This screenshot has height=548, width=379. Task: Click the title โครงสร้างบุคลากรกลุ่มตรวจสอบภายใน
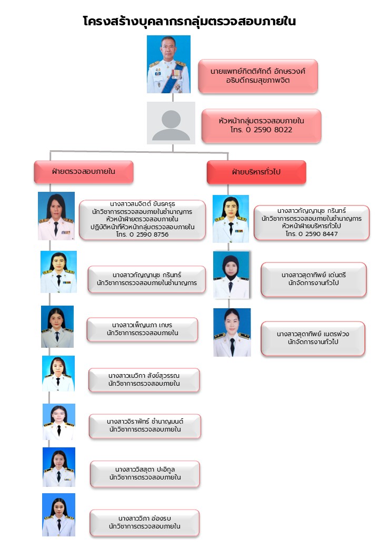(x=189, y=22)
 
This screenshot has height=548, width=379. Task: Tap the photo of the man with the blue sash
(x=168, y=64)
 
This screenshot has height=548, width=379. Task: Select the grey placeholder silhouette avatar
(x=171, y=123)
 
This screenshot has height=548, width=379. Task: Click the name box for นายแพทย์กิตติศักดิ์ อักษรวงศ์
(x=257, y=76)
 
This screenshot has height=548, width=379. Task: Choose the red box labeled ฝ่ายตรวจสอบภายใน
(x=84, y=171)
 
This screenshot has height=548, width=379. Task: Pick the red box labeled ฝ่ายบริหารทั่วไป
(x=256, y=172)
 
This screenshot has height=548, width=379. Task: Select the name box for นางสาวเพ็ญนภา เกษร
(x=142, y=329)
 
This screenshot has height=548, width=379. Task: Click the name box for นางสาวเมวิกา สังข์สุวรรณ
(x=144, y=379)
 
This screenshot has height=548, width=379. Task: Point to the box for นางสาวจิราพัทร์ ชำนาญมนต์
(x=145, y=426)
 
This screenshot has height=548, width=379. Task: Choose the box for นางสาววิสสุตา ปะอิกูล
(x=145, y=473)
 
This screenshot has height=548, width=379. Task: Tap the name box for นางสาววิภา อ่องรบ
(x=144, y=522)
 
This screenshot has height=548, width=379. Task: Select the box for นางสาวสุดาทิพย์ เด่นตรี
(x=313, y=279)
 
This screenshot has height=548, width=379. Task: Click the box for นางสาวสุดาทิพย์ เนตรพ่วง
(x=313, y=338)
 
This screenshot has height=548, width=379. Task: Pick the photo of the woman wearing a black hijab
(x=231, y=274)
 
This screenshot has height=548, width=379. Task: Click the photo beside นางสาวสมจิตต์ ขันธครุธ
(x=56, y=216)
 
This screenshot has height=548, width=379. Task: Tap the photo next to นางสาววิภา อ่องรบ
(x=58, y=514)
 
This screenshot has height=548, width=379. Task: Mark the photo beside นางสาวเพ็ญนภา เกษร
(x=57, y=326)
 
